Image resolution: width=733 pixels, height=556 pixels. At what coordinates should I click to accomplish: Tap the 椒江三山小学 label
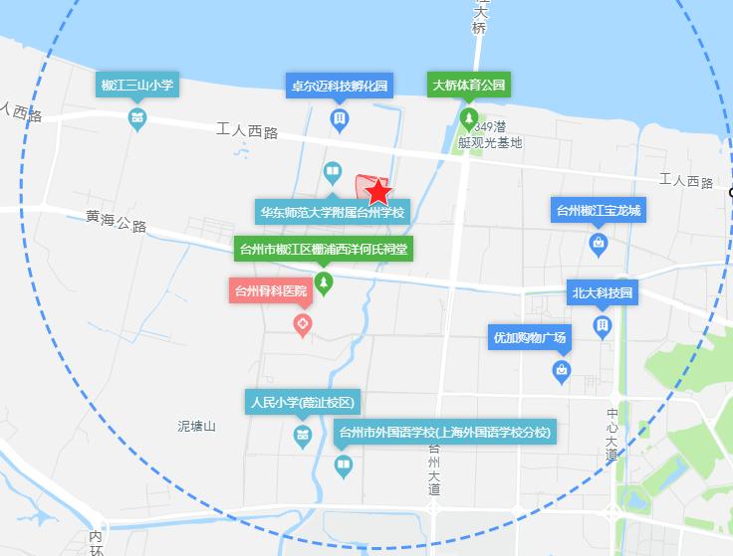pos(137,86)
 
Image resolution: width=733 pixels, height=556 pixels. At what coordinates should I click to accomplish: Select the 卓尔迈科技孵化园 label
pos(340,86)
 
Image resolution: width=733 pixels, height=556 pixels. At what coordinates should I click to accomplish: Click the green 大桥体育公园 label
pos(468,85)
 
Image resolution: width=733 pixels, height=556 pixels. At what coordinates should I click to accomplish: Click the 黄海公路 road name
pos(116,221)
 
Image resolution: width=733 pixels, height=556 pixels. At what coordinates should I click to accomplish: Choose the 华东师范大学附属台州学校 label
pos(333,213)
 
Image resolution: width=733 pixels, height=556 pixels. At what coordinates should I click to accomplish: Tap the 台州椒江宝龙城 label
pos(599,211)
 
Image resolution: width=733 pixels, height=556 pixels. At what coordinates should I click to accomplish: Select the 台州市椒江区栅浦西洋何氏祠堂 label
pos(323,250)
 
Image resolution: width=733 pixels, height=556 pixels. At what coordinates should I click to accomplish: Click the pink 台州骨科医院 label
pos(269,291)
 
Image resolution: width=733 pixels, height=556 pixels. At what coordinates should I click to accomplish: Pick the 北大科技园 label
pos(602,293)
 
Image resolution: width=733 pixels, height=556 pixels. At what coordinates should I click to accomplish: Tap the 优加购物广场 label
pos(530,338)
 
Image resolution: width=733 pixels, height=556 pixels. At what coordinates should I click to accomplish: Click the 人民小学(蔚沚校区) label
pos(301,403)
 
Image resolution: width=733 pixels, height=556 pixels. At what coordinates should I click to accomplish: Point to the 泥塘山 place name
pos(196,426)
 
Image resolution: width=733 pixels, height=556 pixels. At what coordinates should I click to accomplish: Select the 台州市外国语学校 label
pos(443,433)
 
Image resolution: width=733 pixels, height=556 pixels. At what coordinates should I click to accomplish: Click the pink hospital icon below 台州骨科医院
pos(303,324)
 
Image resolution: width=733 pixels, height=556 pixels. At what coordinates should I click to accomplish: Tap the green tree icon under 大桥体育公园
pos(468,119)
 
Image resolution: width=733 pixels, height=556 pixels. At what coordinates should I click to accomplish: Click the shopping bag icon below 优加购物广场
pos(562,371)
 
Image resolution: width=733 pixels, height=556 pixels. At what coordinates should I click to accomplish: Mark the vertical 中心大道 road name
pos(611,435)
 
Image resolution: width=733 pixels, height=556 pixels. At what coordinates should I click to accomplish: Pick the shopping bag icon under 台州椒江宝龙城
pos(599,242)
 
